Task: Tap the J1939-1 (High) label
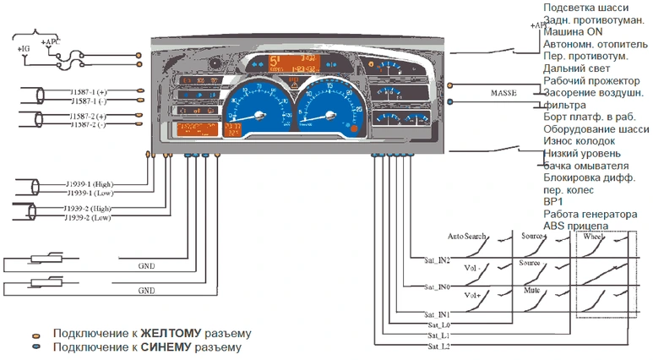pos(90,183)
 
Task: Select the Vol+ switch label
pos(471,297)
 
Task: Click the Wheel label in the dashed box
pos(595,237)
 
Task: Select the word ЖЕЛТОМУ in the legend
pos(171,333)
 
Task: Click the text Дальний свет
pos(577,68)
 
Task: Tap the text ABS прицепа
pos(575,226)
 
